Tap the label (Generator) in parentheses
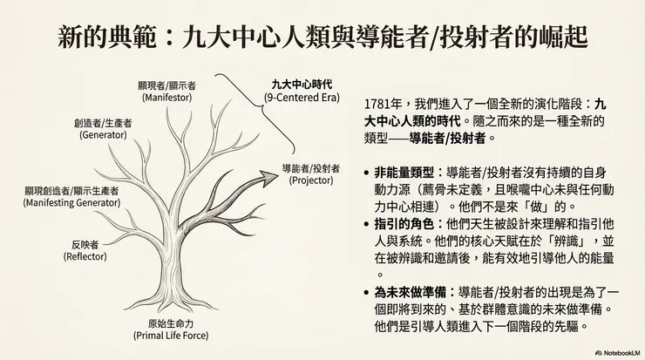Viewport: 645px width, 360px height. coord(103,136)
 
